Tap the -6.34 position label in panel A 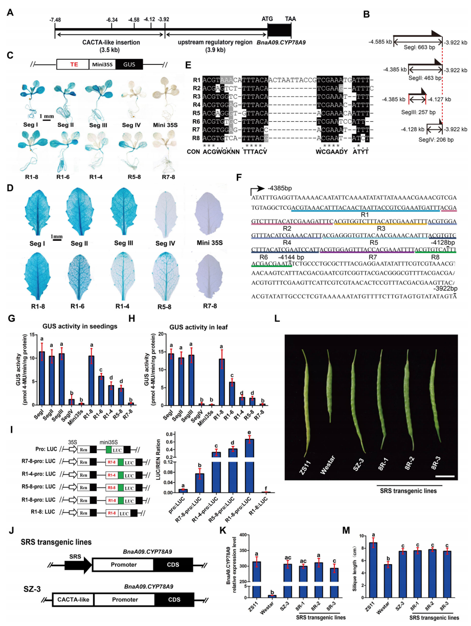113,19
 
